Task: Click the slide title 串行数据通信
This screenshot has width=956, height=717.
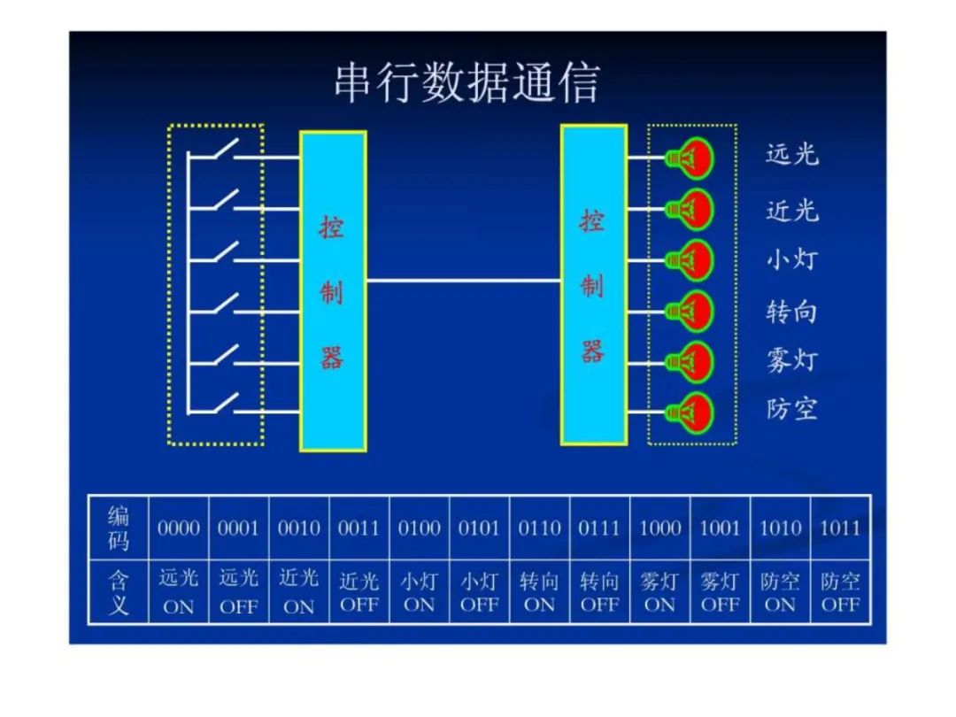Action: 466,83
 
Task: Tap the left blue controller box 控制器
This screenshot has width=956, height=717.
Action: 333,290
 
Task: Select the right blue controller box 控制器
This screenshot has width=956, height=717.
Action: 593,284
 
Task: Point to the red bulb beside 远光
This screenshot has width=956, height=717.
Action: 691,158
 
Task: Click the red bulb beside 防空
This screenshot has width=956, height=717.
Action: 691,412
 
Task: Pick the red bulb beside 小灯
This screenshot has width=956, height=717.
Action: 691,260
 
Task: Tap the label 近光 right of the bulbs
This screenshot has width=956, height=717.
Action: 792,210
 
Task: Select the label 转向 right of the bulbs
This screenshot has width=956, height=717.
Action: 792,311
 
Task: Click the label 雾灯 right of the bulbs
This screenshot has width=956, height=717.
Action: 792,360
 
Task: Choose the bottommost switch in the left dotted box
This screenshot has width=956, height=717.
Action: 221,404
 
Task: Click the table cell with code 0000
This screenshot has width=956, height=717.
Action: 179,528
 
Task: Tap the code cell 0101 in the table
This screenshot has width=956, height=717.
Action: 479,528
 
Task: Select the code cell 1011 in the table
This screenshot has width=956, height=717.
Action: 840,528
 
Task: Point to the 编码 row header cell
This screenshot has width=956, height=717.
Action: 118,528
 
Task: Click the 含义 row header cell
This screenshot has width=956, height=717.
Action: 118,592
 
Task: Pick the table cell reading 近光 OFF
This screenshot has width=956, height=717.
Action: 358,592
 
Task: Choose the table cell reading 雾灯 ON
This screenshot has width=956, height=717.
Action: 659,592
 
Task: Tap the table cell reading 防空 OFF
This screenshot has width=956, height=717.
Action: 840,592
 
